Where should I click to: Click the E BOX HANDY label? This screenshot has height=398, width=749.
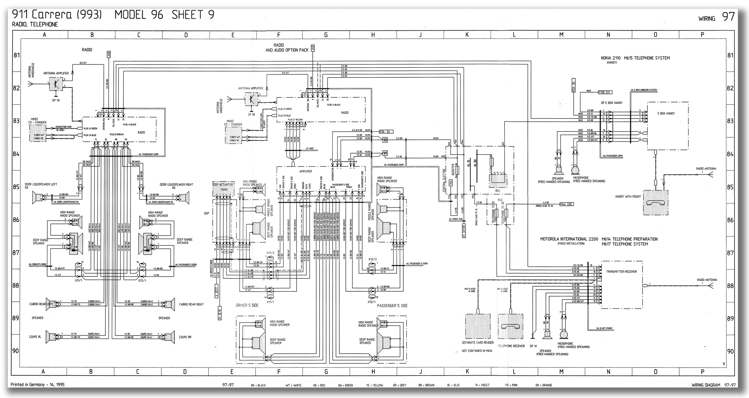(666, 113)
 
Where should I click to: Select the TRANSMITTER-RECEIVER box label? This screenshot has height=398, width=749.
(621, 271)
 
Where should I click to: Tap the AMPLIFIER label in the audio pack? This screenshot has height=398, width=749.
(306, 171)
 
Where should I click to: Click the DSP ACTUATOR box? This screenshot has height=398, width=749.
(223, 185)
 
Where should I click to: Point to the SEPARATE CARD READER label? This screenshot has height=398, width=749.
(478, 343)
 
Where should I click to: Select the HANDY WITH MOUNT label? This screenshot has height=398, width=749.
(628, 197)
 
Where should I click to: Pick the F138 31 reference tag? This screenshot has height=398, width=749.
(605, 92)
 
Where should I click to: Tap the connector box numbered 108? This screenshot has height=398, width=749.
(385, 140)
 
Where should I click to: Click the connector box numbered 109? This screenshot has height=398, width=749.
(385, 153)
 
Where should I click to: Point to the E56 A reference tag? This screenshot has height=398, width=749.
(386, 132)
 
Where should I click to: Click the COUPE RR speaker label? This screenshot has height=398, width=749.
(185, 337)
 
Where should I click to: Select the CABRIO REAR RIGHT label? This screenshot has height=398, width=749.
(191, 304)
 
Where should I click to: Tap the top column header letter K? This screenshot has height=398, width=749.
(467, 35)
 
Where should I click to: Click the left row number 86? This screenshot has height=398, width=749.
(16, 220)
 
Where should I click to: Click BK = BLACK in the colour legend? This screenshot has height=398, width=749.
(258, 385)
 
